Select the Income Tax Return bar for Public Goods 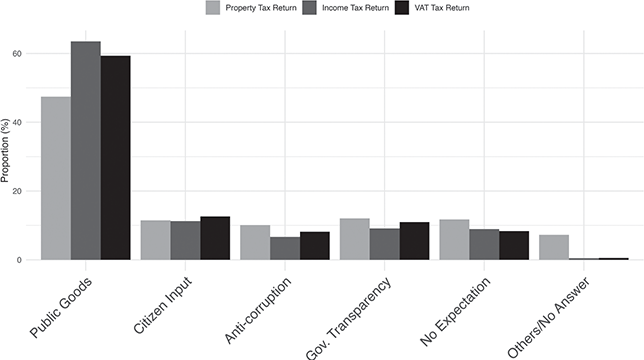pyautogui.click(x=85, y=150)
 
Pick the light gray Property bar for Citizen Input pyautogui.click(x=155, y=240)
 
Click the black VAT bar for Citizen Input pyautogui.click(x=215, y=238)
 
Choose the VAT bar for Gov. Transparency pyautogui.click(x=414, y=241)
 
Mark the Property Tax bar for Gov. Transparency pyautogui.click(x=354, y=239)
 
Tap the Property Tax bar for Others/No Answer pyautogui.click(x=553, y=247)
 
